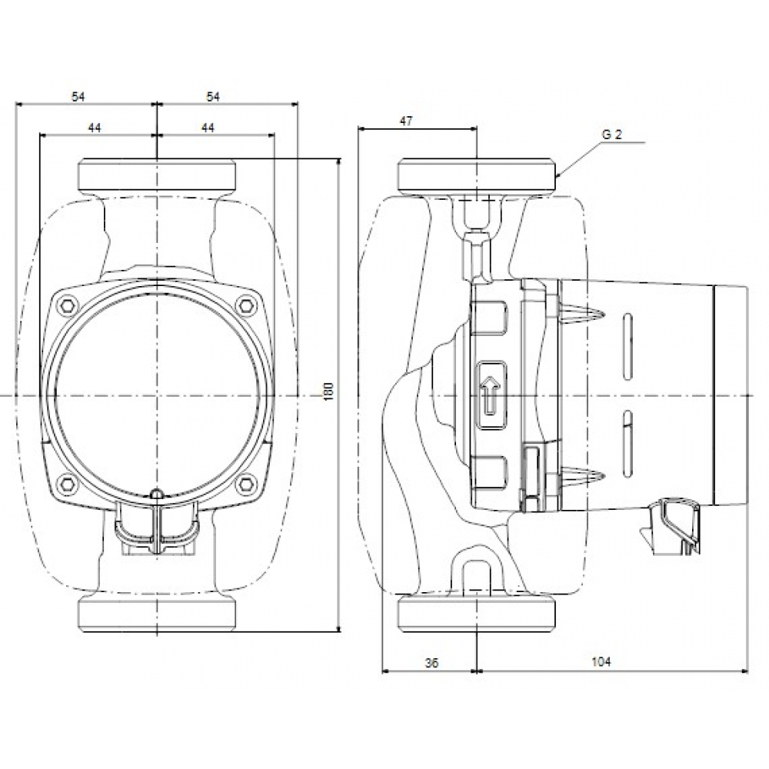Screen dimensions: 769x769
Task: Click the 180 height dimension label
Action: tap(330, 390)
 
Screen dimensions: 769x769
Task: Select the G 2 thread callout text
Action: tap(612, 135)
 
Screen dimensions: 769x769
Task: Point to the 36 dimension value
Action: tap(431, 663)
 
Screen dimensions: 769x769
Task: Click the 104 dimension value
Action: tap(603, 663)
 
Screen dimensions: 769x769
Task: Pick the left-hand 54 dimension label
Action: tap(78, 96)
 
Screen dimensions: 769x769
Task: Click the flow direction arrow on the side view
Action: tap(490, 393)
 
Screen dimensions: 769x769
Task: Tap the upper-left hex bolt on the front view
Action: tap(69, 303)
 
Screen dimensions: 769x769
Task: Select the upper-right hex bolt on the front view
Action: tap(246, 303)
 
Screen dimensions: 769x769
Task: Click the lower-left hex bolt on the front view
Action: tap(69, 484)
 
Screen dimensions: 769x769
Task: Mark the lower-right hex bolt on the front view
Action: tap(246, 484)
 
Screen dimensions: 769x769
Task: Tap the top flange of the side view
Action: tap(476, 177)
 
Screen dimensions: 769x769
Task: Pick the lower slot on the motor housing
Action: tap(628, 439)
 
